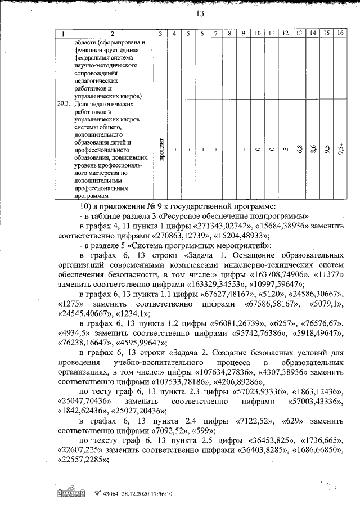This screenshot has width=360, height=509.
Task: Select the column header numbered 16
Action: [340, 34]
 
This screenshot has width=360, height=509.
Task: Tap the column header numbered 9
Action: [243, 34]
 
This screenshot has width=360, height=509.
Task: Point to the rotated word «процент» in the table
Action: [161, 150]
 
